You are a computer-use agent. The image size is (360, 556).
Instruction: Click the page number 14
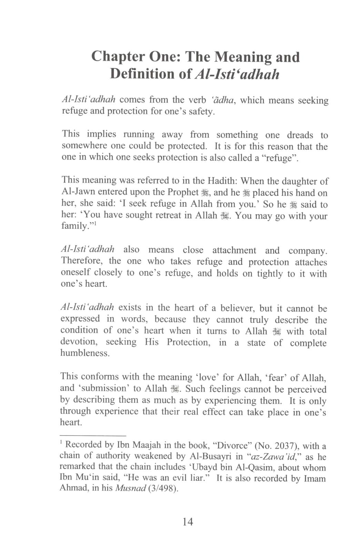click(x=188, y=521)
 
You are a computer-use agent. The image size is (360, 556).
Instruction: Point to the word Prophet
click(x=183, y=192)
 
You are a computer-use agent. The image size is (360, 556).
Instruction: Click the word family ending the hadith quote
click(x=74, y=226)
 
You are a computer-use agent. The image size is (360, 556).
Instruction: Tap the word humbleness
click(x=84, y=353)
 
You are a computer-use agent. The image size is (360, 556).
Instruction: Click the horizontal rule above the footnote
click(x=93, y=436)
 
